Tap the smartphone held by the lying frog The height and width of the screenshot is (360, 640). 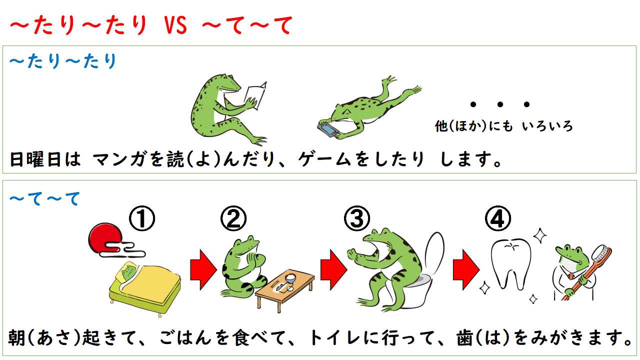click(328, 129)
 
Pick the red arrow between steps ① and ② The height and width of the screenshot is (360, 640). click(202, 272)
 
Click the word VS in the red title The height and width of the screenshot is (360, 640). click(174, 26)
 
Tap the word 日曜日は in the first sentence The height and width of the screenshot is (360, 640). click(45, 160)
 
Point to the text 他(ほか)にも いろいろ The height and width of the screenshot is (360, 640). click(504, 126)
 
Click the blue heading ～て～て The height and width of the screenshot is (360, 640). click(45, 199)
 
